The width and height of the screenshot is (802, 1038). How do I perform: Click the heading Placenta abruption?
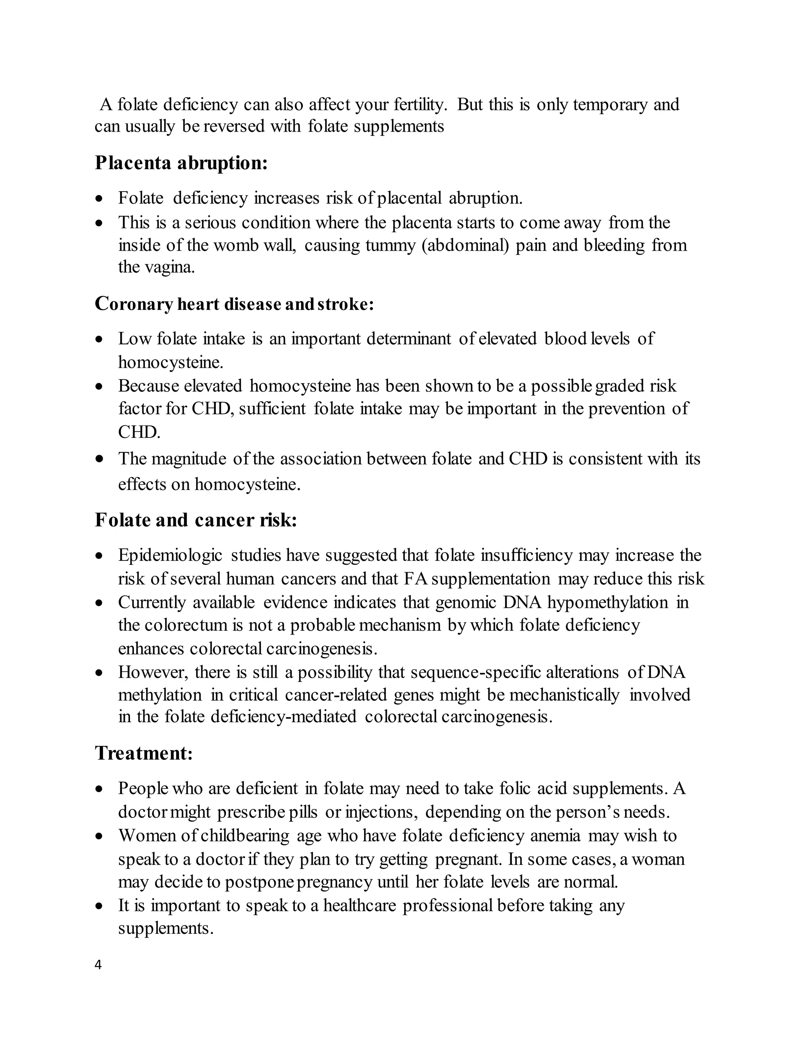[181, 163]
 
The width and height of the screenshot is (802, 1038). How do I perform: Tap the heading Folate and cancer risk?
[196, 520]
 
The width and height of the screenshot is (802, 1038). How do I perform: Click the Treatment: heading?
[143, 753]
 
